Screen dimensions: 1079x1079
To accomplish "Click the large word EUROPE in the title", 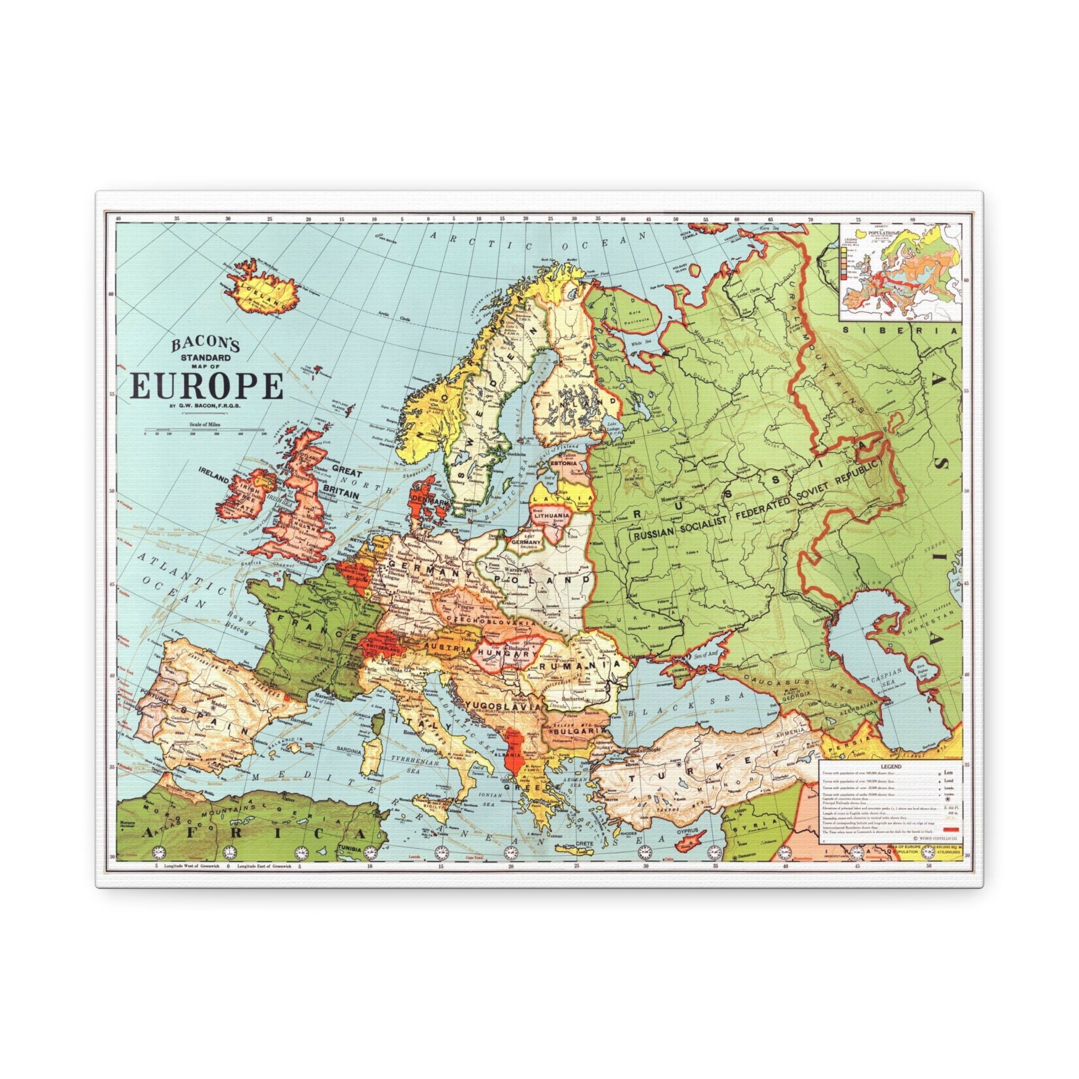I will point(207,386).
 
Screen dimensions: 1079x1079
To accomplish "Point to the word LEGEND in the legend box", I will point(890,767).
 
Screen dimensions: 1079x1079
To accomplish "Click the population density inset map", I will point(900,271).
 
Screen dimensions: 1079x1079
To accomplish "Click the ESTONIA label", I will point(564,463).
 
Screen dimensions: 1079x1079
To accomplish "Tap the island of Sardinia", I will point(371,754).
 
